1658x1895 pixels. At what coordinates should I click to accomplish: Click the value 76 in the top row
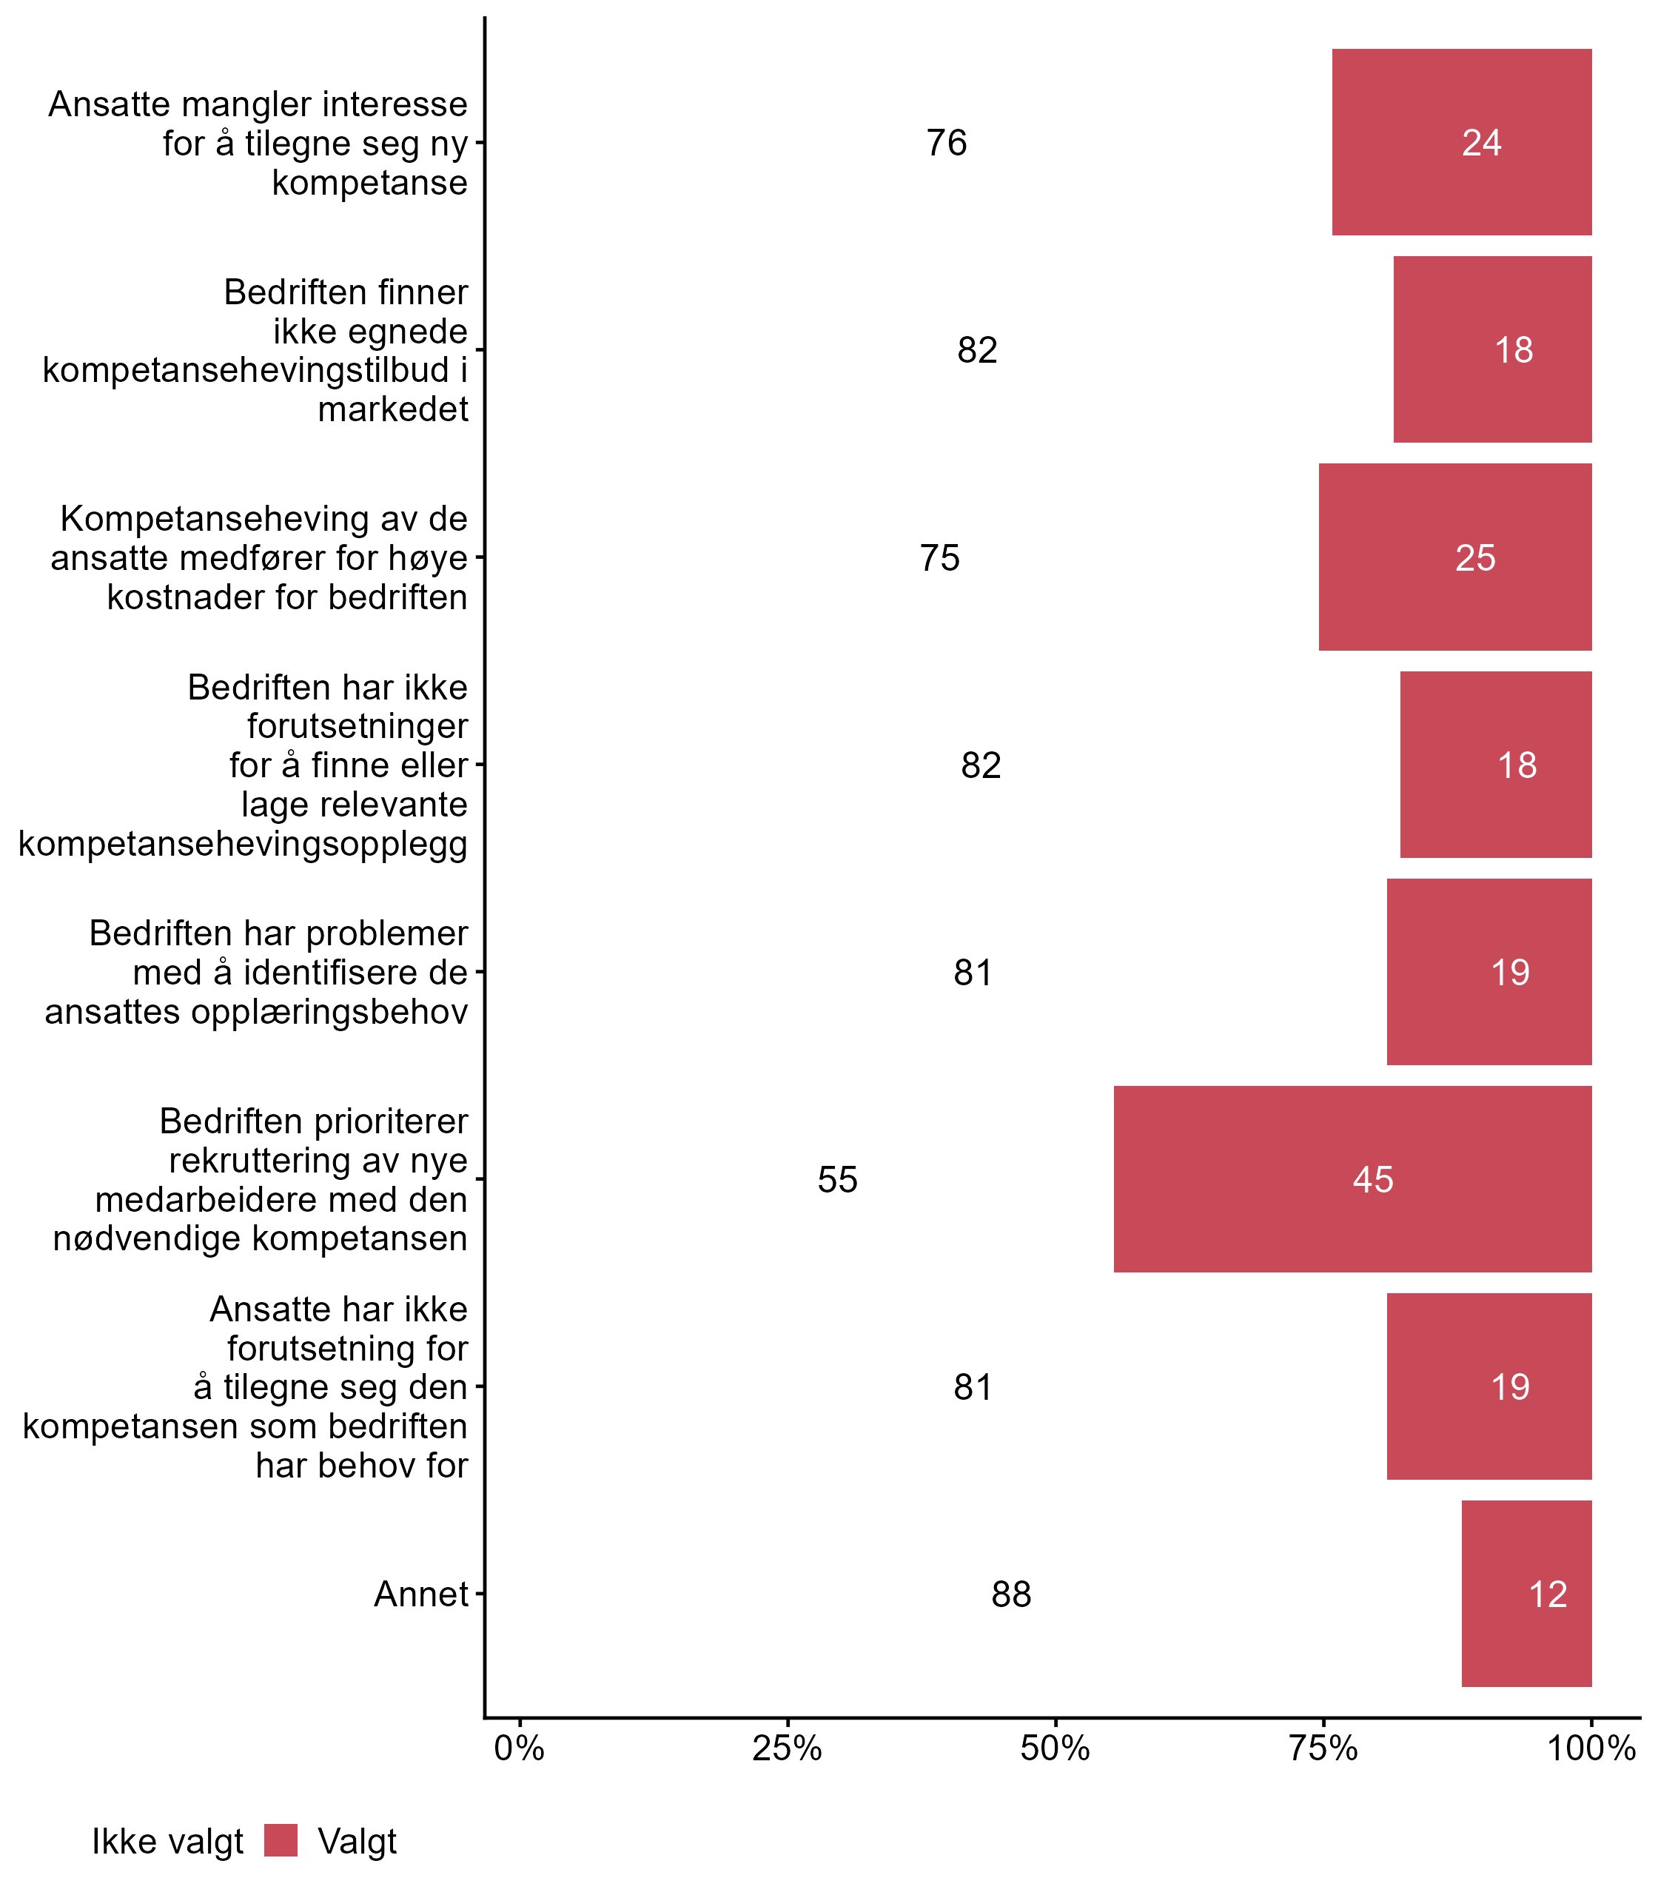(x=947, y=144)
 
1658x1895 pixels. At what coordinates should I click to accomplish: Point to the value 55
(x=837, y=1180)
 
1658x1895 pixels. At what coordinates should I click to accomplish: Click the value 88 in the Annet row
(x=1010, y=1594)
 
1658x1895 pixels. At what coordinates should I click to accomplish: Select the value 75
(x=940, y=558)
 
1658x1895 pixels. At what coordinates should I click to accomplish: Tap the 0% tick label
(x=519, y=1748)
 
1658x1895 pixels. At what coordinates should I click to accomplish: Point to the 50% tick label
(x=1055, y=1748)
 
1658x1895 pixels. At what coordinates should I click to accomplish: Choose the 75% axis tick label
(x=1323, y=1748)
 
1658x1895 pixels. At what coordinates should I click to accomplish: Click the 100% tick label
(x=1591, y=1748)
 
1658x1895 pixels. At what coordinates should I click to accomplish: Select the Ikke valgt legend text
(x=167, y=1842)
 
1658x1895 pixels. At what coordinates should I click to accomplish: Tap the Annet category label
(x=421, y=1594)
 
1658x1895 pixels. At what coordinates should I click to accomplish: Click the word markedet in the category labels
(x=393, y=409)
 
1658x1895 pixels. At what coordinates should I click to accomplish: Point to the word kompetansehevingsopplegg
(x=244, y=844)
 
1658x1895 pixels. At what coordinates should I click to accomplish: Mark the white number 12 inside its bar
(x=1548, y=1594)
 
